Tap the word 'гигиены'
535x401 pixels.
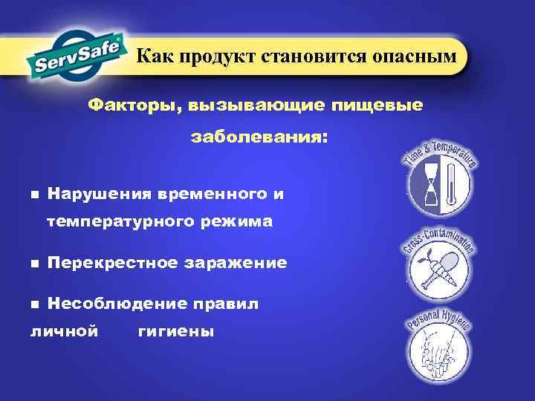tap(176, 331)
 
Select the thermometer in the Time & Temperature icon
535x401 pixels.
tap(451, 185)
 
